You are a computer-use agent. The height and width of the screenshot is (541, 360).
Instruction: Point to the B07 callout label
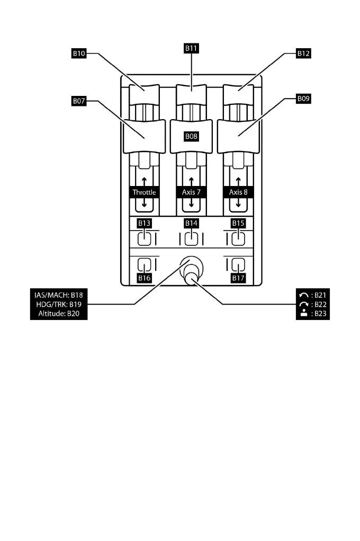(79, 99)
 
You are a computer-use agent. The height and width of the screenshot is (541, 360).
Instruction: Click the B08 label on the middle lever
(191, 136)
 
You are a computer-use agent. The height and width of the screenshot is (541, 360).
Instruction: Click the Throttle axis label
(144, 192)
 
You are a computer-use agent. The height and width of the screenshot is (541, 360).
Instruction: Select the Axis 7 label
(191, 192)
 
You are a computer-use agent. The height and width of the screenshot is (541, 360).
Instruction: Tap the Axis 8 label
(238, 192)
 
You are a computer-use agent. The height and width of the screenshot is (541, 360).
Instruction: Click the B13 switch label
(144, 223)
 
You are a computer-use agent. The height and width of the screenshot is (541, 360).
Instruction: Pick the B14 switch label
(191, 223)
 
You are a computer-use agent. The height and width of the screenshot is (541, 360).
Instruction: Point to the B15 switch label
(238, 223)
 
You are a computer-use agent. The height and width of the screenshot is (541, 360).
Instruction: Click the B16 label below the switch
(144, 277)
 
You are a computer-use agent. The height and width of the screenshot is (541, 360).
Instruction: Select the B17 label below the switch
(238, 277)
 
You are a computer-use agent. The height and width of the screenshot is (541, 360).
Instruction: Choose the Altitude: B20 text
(56, 314)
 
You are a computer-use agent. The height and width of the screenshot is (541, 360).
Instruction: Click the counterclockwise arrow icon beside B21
(301, 295)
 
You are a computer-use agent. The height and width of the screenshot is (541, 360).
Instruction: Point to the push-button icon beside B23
(301, 314)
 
